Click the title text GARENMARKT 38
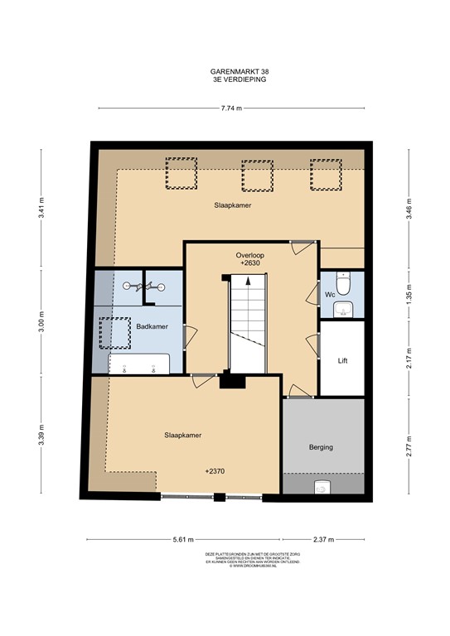point(239,72)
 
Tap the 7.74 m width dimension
point(230,108)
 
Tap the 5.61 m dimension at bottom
point(179,539)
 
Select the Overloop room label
point(249,256)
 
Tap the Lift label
point(342,361)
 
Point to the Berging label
point(321,447)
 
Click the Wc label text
point(329,294)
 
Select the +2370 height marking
point(217,471)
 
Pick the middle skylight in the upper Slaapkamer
point(255,176)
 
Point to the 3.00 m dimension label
point(41,322)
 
